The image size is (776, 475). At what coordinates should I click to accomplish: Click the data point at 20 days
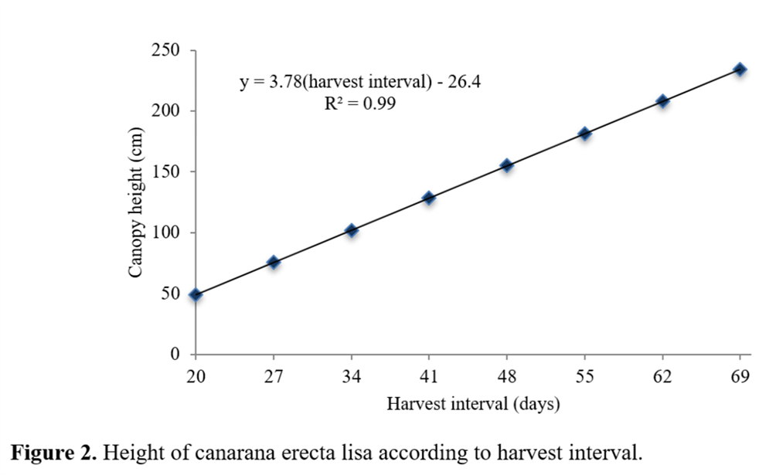pyautogui.click(x=196, y=294)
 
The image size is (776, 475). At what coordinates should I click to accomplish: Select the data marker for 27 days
pyautogui.click(x=274, y=263)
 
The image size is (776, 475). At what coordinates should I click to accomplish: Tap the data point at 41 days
pyautogui.click(x=429, y=198)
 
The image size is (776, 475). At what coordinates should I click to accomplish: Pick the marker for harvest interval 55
pyautogui.click(x=584, y=134)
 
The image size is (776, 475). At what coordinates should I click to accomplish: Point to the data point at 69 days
pyautogui.click(x=740, y=70)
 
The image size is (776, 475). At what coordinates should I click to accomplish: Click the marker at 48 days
pyautogui.click(x=507, y=165)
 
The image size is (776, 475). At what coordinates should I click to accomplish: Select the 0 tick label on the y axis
pyautogui.click(x=174, y=355)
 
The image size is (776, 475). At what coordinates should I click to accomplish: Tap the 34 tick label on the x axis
pyautogui.click(x=351, y=378)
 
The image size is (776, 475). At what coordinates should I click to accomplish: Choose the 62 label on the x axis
pyautogui.click(x=662, y=378)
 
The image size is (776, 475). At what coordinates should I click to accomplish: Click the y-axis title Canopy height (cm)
pyautogui.click(x=135, y=203)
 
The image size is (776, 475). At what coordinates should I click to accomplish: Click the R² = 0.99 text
pyautogui.click(x=360, y=103)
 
